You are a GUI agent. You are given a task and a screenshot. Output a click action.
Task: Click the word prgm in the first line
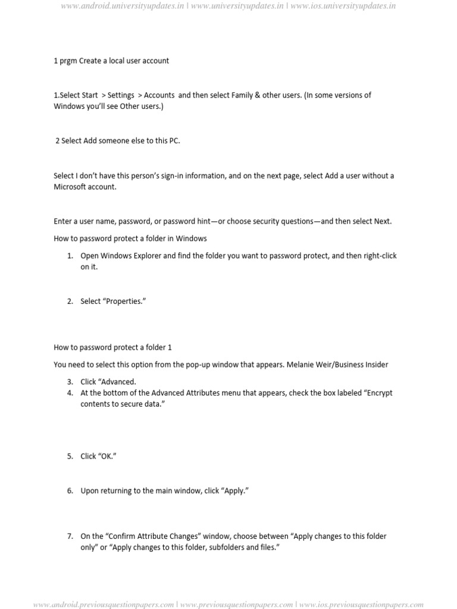67,61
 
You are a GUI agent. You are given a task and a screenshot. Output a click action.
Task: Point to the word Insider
374,364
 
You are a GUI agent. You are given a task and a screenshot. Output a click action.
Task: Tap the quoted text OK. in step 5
106,457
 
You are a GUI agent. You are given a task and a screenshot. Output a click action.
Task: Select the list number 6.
70,491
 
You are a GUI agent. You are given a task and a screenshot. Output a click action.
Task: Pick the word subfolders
215,547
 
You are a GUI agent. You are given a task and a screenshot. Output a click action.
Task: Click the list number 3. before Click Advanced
70,382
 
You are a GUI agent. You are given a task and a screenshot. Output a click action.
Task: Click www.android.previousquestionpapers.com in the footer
104,604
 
